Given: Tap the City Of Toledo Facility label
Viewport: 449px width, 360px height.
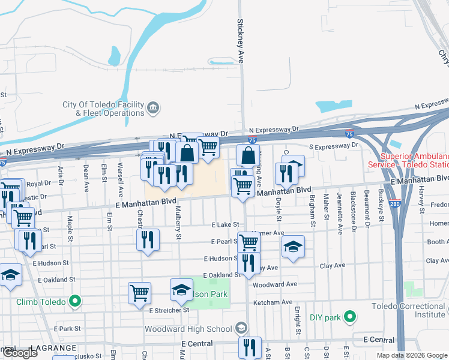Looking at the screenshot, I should (104, 109).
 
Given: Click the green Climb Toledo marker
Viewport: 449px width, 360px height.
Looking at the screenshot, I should (75, 301).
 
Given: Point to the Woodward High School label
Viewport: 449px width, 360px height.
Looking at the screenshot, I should (188, 329).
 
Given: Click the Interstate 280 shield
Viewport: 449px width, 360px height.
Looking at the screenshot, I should (394, 203).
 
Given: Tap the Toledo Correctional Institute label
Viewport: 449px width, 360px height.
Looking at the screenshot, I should (408, 310).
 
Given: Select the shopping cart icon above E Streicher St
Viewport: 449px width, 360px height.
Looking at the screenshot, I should (139, 293).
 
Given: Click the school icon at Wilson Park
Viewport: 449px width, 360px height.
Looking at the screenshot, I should (181, 290).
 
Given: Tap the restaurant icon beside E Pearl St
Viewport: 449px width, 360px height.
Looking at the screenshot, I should (148, 239).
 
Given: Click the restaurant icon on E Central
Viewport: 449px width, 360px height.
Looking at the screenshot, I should (250, 347).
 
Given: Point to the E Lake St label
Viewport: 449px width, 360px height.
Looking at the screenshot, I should (225, 224).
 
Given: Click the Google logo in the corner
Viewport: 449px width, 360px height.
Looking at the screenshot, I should (20, 353).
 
